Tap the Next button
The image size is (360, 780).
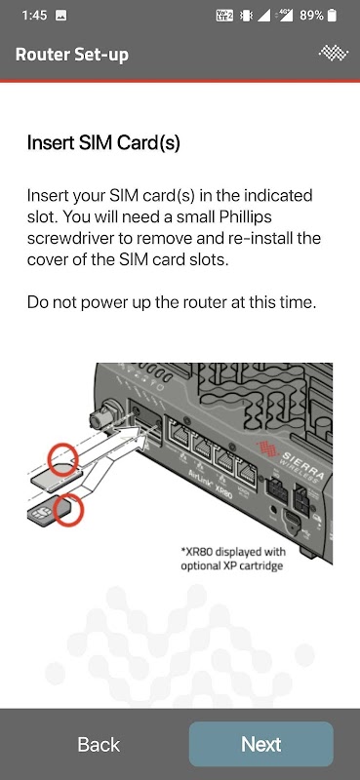click(260, 744)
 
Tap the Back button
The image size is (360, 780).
click(99, 744)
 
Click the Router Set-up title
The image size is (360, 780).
click(71, 55)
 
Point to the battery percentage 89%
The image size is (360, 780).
click(311, 16)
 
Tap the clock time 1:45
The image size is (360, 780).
click(35, 16)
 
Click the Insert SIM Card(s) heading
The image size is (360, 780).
click(103, 143)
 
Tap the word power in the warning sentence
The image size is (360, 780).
click(124, 303)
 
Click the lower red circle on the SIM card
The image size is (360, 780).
click(68, 511)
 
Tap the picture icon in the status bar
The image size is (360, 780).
click(61, 16)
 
